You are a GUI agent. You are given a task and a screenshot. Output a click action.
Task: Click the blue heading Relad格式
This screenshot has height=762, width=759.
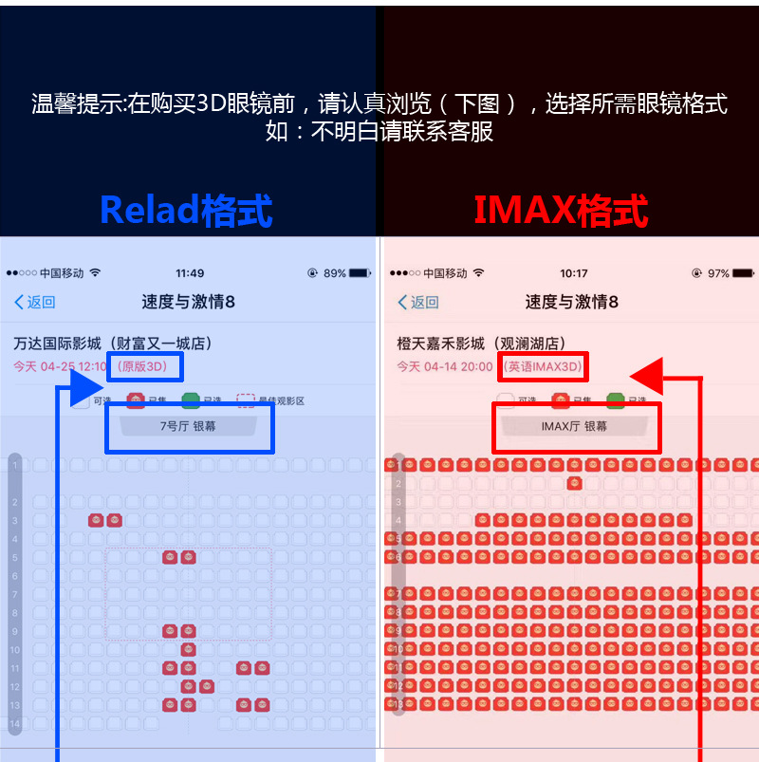click(x=186, y=211)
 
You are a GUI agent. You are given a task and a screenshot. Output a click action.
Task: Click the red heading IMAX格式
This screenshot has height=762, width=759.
click(x=561, y=211)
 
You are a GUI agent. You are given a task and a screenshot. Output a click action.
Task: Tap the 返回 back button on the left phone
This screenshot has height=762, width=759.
click(x=35, y=302)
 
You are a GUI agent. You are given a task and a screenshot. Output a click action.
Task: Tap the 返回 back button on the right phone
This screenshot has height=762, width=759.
click(x=418, y=302)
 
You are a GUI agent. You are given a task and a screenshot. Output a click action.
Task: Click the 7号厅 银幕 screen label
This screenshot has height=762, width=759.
click(x=188, y=427)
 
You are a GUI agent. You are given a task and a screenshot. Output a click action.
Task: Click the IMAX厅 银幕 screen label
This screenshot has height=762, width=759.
click(x=574, y=427)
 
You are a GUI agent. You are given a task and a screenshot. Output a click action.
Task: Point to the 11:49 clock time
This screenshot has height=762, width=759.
click(x=190, y=273)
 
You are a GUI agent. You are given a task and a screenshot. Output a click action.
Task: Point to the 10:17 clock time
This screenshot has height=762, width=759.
click(x=573, y=273)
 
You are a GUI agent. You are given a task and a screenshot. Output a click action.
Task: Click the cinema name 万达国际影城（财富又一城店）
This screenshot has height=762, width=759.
click(x=113, y=344)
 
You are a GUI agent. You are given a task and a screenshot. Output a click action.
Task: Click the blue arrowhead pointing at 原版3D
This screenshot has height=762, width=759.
click(x=87, y=388)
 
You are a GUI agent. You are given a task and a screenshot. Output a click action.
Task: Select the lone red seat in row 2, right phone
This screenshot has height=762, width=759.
click(x=574, y=483)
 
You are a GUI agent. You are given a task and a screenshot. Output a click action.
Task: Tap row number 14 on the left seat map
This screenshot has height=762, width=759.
click(x=14, y=724)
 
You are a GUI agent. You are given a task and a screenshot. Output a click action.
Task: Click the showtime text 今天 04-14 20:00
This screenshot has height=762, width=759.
click(x=445, y=366)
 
